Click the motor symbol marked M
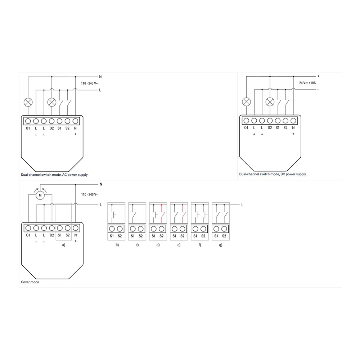pyautogui.click(x=40, y=195)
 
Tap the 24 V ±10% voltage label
pyautogui.click(x=307, y=83)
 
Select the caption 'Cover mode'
pyautogui.click(x=30, y=282)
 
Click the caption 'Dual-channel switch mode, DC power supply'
pyautogui.click(x=273, y=174)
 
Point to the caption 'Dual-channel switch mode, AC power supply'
pyautogui.click(x=54, y=175)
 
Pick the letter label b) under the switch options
pyautogui.click(x=117, y=245)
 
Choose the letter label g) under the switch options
pyautogui.click(x=221, y=245)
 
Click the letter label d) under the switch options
pyautogui.click(x=158, y=245)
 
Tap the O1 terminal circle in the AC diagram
pyautogui.click(x=28, y=121)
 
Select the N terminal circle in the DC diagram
pyautogui.click(x=293, y=121)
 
